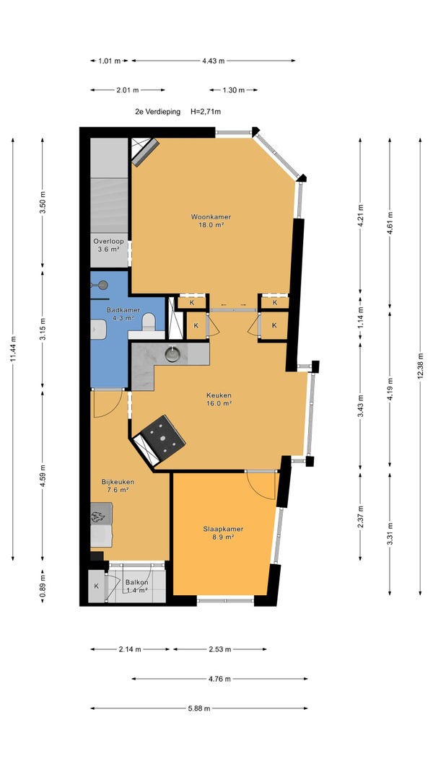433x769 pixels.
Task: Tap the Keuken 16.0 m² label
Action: (x=219, y=399)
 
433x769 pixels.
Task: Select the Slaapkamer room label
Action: (x=223, y=532)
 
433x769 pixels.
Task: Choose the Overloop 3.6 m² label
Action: (x=108, y=245)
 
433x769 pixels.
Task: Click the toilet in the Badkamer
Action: (x=148, y=323)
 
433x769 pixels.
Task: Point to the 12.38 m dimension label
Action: (x=420, y=366)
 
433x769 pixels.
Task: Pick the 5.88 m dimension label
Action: (x=199, y=708)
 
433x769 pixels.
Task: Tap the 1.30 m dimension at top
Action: (x=233, y=90)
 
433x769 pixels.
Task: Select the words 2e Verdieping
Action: (x=157, y=112)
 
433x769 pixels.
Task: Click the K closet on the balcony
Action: (x=96, y=586)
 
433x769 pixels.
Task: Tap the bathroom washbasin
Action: (x=99, y=330)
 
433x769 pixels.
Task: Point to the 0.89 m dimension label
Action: (x=43, y=586)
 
